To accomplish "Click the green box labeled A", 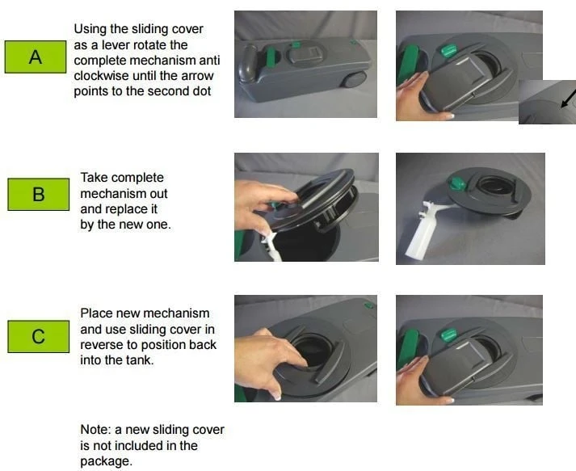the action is click(x=36, y=57).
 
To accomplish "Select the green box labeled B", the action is click(x=39, y=195).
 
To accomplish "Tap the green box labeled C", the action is click(x=39, y=337).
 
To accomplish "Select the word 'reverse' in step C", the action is click(x=109, y=345).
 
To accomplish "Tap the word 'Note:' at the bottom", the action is click(x=95, y=430).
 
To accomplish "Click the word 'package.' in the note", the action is click(x=106, y=461).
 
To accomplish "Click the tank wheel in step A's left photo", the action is click(x=354, y=80).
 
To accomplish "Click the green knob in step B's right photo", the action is click(x=456, y=182).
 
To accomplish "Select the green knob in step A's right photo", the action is click(x=448, y=50).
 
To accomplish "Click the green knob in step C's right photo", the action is click(x=448, y=335).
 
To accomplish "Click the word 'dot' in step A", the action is click(x=202, y=91).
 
